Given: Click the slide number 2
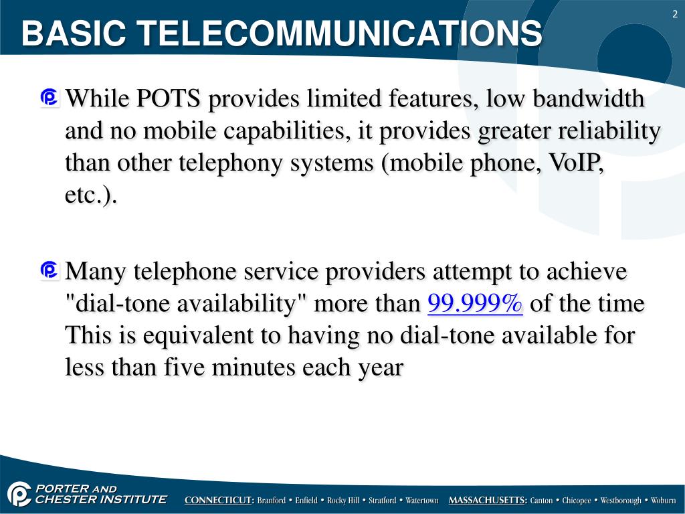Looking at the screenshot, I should [x=674, y=15].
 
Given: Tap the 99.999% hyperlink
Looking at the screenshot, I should [x=475, y=304].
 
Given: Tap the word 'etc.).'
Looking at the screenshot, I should [x=91, y=195].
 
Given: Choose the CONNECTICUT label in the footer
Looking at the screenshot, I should [x=219, y=501].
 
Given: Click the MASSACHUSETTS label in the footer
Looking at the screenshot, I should [x=488, y=501].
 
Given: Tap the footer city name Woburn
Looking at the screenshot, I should [x=663, y=501].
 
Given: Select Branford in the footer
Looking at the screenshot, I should [x=272, y=501].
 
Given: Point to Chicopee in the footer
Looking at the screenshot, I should [x=576, y=501].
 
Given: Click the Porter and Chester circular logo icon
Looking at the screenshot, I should [x=19, y=495].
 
